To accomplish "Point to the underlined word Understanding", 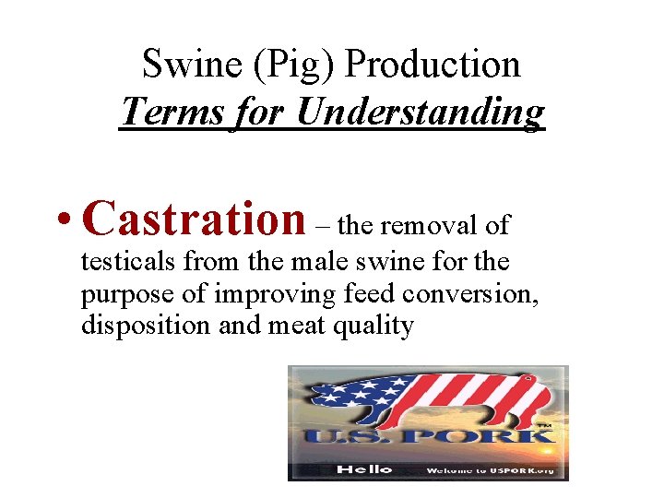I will pyautogui.click(x=421, y=113).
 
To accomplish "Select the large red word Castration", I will pyautogui.click(x=194, y=219).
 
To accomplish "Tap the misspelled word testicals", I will pyautogui.click(x=128, y=262).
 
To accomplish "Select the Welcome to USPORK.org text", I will pyautogui.click(x=488, y=469).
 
